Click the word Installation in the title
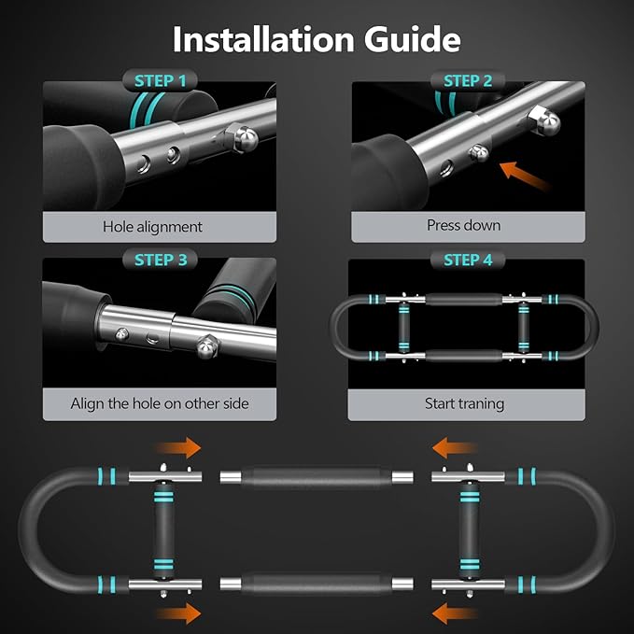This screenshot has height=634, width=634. [263, 39]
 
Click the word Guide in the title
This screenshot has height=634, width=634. [413, 39]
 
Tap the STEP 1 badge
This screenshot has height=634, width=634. [160, 81]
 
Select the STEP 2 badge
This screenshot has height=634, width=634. [468, 81]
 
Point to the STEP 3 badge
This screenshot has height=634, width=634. [160, 260]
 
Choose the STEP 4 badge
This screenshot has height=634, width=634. [468, 260]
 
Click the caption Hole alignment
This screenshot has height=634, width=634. [152, 227]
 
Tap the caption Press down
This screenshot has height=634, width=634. [464, 225]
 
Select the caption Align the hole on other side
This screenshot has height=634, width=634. [160, 403]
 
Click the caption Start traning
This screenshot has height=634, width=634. [464, 403]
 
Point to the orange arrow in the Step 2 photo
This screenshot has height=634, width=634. [524, 176]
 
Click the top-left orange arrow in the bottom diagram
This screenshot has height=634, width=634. [178, 447]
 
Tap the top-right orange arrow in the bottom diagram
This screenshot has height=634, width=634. [455, 447]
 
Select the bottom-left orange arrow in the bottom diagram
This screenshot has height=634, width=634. [178, 613]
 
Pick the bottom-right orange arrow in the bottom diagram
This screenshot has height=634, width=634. [455, 613]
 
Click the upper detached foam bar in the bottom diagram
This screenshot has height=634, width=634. [317, 477]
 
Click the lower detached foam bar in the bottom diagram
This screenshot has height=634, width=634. [317, 584]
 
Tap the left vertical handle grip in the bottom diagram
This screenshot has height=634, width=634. [163, 530]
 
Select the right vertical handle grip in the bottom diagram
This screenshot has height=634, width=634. [470, 530]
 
